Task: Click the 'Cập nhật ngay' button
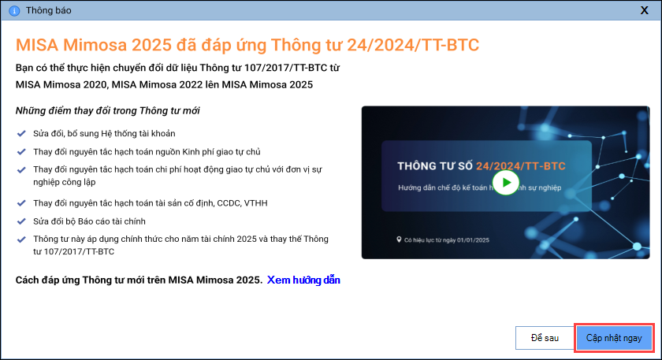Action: (x=614, y=338)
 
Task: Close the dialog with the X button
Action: (x=645, y=10)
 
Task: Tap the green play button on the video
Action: (x=505, y=182)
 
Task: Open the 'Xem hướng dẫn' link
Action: (x=303, y=280)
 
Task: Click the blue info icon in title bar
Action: (x=14, y=10)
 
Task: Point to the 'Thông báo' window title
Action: (x=49, y=10)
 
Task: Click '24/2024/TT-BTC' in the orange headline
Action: (x=413, y=45)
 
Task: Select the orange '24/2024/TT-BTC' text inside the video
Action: (x=521, y=166)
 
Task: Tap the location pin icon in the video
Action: (x=399, y=239)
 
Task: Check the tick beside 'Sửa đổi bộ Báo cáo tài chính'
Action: (x=21, y=221)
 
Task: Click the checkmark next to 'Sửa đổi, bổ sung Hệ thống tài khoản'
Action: (x=21, y=133)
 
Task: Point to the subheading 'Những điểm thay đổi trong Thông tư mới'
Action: (x=108, y=110)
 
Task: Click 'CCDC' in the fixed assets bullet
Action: (x=229, y=203)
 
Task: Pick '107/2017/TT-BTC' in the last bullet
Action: (x=74, y=251)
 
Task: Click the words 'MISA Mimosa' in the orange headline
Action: (x=72, y=45)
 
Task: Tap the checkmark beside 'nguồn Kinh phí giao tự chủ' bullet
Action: (x=21, y=151)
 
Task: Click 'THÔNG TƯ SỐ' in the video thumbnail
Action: (x=435, y=166)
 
